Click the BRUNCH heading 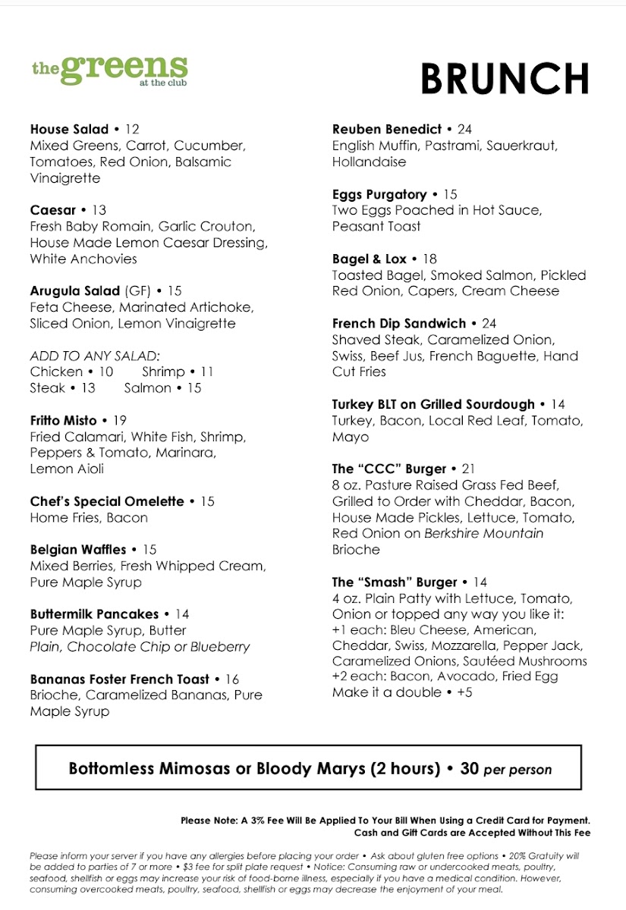click(x=505, y=78)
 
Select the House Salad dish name click(x=70, y=129)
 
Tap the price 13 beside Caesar click(x=99, y=210)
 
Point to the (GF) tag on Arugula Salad click(x=137, y=290)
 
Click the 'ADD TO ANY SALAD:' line click(x=96, y=356)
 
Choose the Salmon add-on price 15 click(x=194, y=388)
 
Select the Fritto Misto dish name click(x=64, y=420)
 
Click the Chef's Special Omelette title click(x=107, y=501)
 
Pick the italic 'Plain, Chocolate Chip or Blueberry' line click(x=140, y=647)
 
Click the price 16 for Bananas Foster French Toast click(x=231, y=679)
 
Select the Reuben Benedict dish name click(x=387, y=129)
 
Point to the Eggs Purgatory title click(x=379, y=194)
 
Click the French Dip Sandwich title click(x=399, y=323)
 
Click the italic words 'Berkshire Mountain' click(x=484, y=533)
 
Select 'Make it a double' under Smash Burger click(x=386, y=692)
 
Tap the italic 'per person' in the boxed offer click(x=517, y=769)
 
